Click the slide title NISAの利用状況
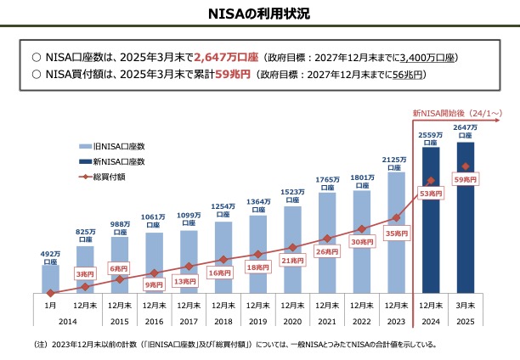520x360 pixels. coord(260,14)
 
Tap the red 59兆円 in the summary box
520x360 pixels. coord(233,75)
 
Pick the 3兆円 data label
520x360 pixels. coord(84,273)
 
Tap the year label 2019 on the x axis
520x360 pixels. coord(257,322)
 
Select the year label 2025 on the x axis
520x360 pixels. coord(465,322)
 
